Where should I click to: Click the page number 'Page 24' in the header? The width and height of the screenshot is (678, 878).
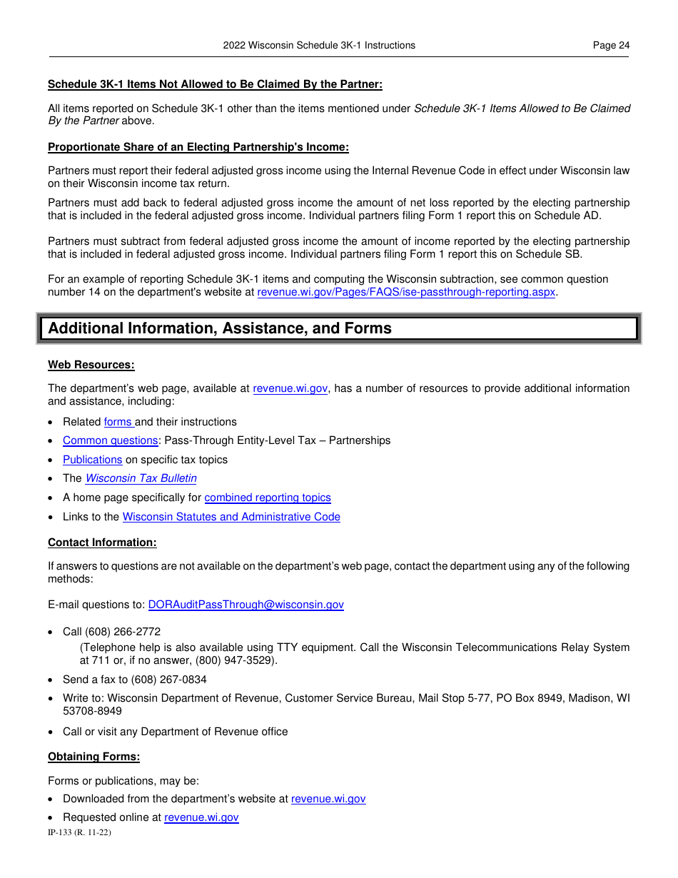click(611, 45)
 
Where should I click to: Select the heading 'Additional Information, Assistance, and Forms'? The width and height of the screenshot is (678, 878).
click(220, 328)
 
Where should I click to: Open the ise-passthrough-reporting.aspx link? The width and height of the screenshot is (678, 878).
click(406, 292)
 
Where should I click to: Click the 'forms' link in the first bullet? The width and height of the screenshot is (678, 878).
click(118, 422)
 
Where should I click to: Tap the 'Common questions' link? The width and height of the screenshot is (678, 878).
click(110, 440)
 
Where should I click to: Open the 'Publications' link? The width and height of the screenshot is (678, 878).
click(92, 460)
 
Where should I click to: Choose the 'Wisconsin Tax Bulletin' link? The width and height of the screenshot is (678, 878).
click(141, 478)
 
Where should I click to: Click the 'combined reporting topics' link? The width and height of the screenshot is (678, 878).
click(268, 498)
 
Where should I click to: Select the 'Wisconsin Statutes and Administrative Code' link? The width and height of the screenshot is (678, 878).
click(231, 517)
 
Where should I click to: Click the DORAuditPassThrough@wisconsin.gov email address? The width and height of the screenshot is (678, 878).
click(246, 605)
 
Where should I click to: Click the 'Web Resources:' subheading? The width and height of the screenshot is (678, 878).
click(91, 365)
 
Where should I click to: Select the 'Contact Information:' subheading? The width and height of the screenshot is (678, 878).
click(102, 543)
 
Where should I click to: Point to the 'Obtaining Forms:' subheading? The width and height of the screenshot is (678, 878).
click(93, 757)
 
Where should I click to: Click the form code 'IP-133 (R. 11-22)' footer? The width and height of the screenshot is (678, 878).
click(79, 832)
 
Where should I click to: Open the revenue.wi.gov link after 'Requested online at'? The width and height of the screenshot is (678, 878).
click(201, 817)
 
